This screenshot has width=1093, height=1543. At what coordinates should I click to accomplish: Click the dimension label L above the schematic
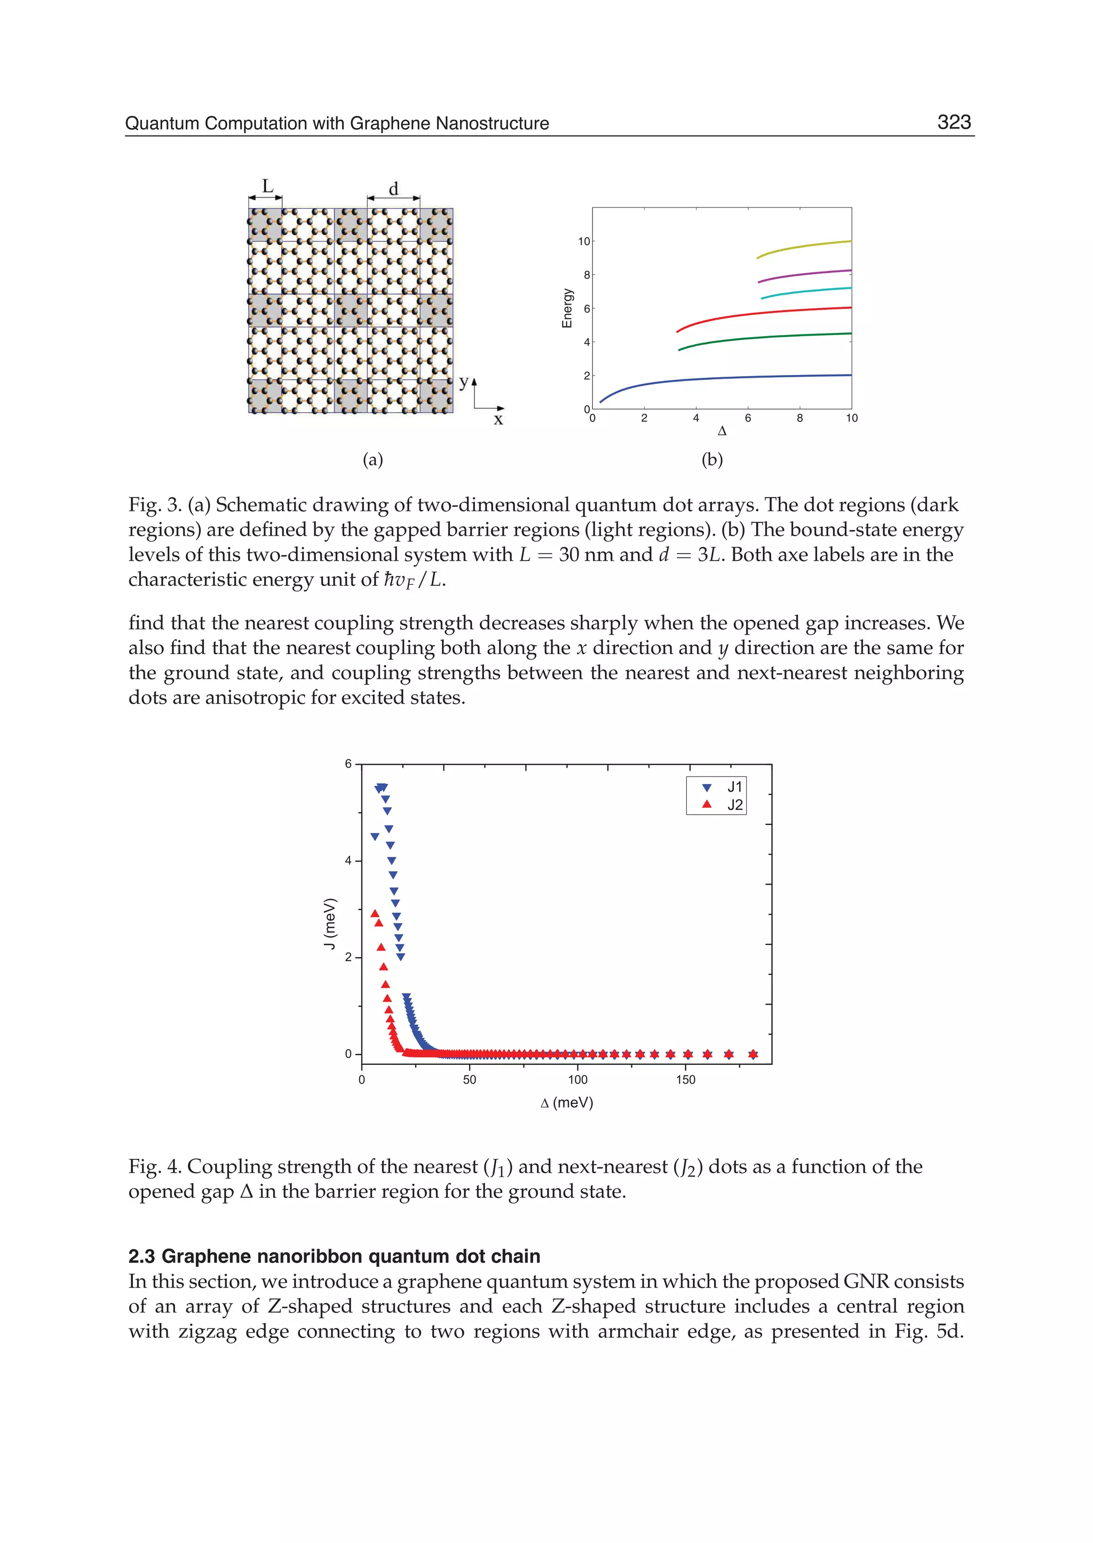coord(267,186)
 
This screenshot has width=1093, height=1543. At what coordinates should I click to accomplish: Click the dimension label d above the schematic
coord(394,189)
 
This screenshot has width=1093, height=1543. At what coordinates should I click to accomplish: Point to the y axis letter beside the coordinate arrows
coord(463,382)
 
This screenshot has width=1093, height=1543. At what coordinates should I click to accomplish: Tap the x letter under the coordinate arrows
coord(498,420)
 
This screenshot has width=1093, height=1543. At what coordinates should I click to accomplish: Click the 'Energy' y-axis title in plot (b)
coord(567,308)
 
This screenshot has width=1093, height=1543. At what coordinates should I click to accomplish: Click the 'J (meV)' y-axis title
coord(329,923)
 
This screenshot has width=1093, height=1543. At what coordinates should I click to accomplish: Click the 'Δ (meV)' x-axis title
coord(567,1103)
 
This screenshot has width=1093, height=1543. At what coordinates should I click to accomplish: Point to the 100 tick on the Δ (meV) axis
coord(577,1080)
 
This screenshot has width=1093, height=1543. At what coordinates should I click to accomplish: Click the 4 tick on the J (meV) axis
coord(348,861)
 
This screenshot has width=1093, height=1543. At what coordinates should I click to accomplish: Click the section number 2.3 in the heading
coord(142,1256)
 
